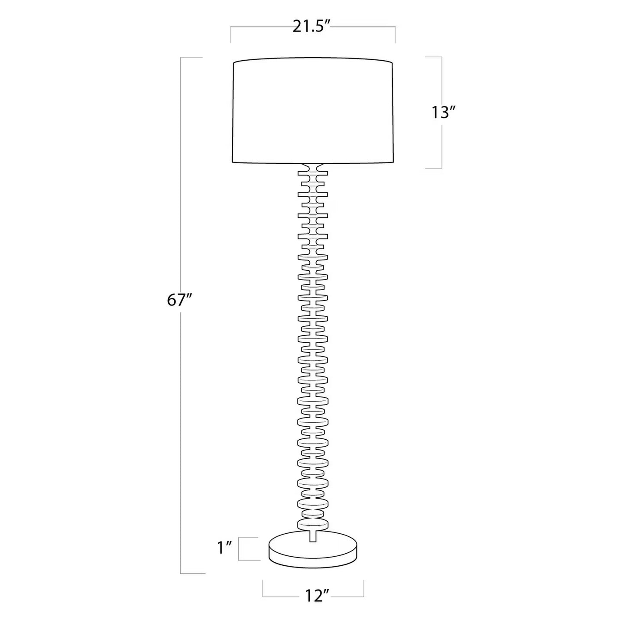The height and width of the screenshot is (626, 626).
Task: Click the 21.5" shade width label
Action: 312,27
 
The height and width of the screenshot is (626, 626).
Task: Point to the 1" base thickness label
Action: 224,548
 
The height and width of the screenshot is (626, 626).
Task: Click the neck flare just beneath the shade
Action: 313,167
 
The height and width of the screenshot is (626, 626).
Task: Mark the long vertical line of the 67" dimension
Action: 181,390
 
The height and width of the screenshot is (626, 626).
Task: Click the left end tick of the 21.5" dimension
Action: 231,35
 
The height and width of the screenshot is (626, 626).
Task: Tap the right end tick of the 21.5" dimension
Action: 395,35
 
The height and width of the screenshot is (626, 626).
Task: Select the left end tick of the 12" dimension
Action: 263,589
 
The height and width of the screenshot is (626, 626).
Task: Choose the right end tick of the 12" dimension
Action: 363,589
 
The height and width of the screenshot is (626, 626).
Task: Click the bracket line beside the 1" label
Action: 239,549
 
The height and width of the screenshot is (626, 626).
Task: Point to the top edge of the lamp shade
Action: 313,58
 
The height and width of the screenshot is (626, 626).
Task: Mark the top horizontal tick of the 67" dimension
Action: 191,58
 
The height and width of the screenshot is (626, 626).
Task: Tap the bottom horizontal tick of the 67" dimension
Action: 192,573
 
